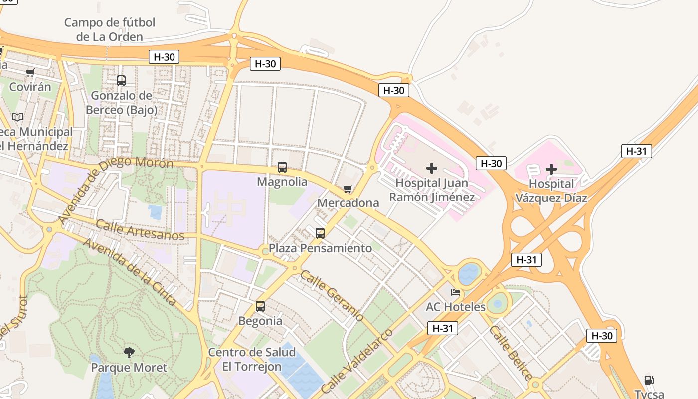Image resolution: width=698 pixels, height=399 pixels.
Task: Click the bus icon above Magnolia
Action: [x=282, y=167]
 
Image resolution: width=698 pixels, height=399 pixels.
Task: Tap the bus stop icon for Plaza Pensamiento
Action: [x=320, y=233]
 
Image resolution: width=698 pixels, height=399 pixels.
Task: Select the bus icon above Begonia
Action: [x=260, y=306]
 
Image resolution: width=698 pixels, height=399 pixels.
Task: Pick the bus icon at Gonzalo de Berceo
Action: [x=121, y=80]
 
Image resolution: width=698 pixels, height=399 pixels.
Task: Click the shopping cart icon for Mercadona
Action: [x=348, y=189]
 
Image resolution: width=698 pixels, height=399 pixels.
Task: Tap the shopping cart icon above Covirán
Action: [x=30, y=72]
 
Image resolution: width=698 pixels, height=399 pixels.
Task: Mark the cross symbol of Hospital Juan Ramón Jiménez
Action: [x=432, y=168]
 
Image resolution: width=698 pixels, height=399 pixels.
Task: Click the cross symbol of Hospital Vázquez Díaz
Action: [x=551, y=169]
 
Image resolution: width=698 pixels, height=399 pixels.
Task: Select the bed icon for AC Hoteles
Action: [x=456, y=292]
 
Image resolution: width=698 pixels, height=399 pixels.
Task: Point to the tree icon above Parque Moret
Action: [x=129, y=353]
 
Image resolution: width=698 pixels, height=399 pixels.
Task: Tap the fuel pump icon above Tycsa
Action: [x=649, y=380]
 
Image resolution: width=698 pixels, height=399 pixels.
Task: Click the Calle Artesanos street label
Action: [x=140, y=229]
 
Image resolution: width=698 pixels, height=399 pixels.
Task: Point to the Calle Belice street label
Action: [x=511, y=352]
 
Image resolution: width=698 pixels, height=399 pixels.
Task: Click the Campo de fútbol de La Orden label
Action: [x=110, y=29]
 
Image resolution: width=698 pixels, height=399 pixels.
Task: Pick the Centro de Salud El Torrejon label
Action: [x=252, y=359]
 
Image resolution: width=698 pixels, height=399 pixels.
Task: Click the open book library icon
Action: [x=17, y=117]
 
